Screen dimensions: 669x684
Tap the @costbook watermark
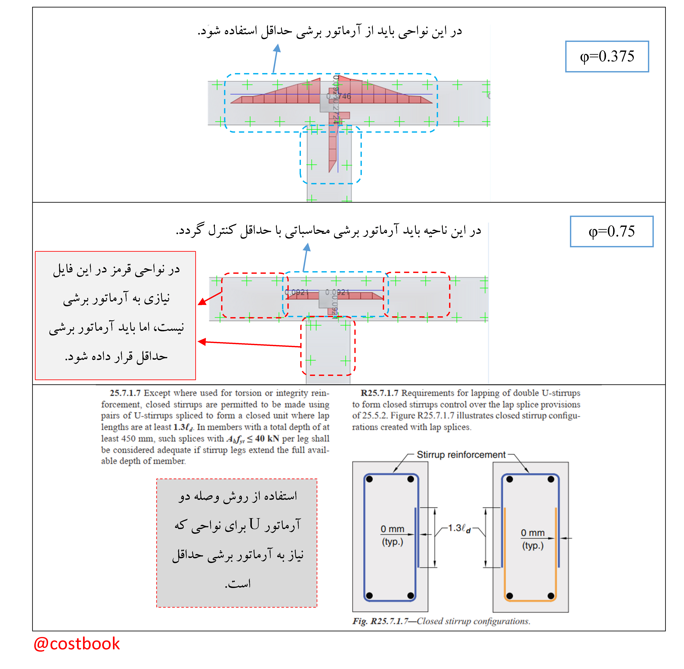coord(77,644)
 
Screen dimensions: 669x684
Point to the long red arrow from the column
coord(250,344)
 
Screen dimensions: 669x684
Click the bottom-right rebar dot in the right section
coord(551,596)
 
